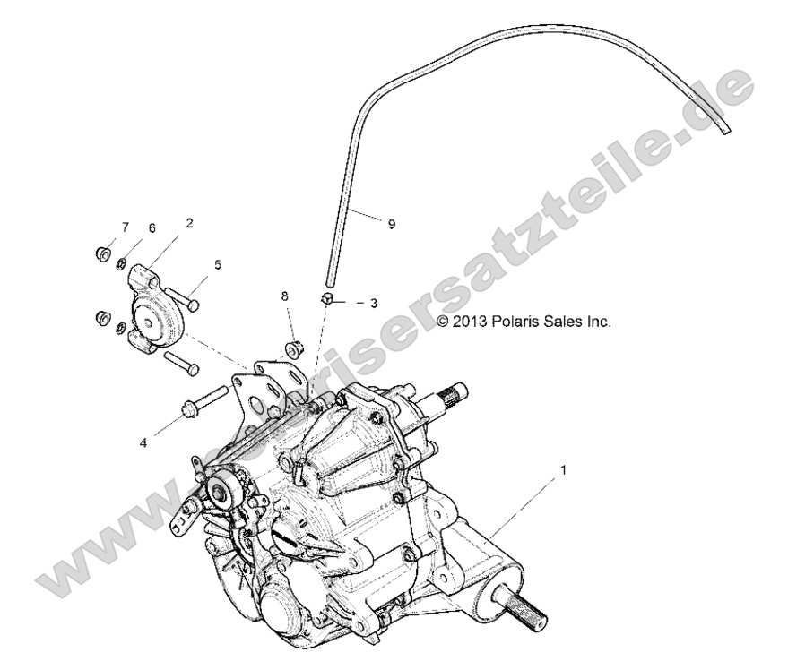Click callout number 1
click(562, 469)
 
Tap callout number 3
click(373, 303)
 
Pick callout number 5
click(216, 264)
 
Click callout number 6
click(152, 229)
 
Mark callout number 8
click(285, 295)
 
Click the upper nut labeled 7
click(103, 253)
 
